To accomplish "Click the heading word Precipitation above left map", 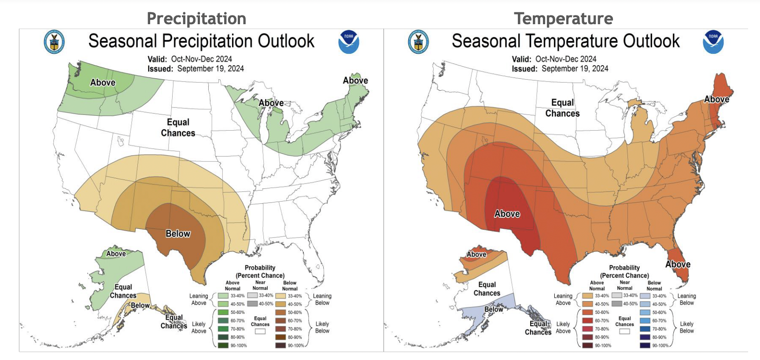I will tap(196, 18).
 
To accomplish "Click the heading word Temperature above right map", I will tap(563, 18).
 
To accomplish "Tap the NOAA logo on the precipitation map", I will tap(348, 42).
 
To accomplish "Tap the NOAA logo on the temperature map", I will tap(713, 42).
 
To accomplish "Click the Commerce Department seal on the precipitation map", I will tap(54, 42).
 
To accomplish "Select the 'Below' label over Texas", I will tap(178, 234).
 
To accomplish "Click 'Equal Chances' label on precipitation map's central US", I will tap(178, 128).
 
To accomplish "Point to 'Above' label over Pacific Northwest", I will tap(103, 83).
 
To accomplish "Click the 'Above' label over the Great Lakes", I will tap(271, 103).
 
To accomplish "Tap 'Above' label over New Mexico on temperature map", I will tap(507, 214).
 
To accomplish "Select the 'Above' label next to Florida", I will tap(678, 264).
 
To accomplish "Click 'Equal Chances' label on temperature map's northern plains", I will tap(562, 108).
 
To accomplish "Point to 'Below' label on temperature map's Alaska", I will tap(494, 309).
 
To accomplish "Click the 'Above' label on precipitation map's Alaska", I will tap(116, 254).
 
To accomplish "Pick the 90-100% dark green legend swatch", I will tap(223, 345).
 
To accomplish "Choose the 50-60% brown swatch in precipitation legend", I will tap(280, 312).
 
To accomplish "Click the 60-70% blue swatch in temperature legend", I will tap(645, 321).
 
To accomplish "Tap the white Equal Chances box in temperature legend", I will tap(624, 331).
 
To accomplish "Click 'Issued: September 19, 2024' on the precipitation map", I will tap(196, 69).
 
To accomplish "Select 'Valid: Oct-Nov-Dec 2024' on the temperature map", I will tap(554, 59).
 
